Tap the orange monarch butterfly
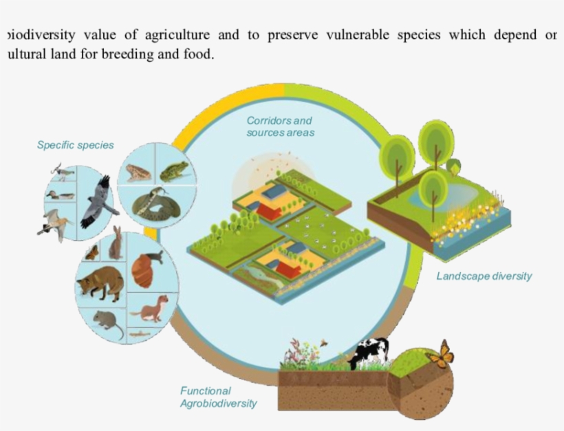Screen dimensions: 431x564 tap(440, 355)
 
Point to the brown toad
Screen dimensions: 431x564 tap(138, 172)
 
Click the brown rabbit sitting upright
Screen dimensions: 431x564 tap(116, 243)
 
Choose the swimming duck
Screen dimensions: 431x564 tap(60, 195)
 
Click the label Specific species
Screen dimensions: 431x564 tap(76, 145)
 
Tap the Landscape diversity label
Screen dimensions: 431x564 tap(484, 276)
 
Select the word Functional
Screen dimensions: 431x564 tap(206, 390)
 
